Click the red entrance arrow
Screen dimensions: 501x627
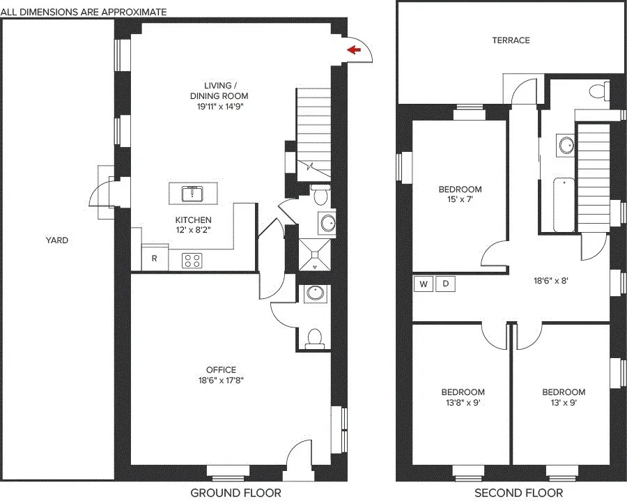point(354,49)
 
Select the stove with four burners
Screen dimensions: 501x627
point(192,261)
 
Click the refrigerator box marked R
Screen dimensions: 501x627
point(155,259)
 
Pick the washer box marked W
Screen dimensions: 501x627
point(423,284)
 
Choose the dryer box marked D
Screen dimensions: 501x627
point(446,284)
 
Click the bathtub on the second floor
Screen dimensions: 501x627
point(564,205)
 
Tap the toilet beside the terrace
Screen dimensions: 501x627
point(596,91)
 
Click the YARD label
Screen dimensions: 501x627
point(57,240)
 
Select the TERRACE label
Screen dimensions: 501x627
point(511,40)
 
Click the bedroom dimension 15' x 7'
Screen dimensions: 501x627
point(460,200)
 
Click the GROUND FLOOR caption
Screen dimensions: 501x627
point(235,493)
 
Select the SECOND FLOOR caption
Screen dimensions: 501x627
point(518,493)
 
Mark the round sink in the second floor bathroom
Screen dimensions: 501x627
point(566,145)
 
